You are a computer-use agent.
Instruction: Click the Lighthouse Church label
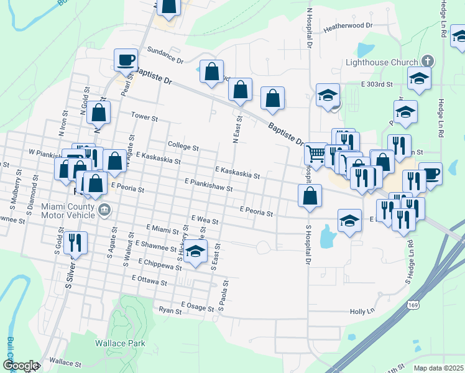[382, 62]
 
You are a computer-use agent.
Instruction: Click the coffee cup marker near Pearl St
[126, 60]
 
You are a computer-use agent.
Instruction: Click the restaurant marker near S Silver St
[75, 242]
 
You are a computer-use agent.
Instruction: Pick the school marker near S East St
[196, 253]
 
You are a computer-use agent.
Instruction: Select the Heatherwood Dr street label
[348, 25]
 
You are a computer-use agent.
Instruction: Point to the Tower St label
[144, 116]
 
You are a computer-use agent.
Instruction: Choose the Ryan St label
[169, 310]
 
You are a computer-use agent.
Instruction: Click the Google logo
[21, 366]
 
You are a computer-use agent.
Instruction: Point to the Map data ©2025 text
[439, 368]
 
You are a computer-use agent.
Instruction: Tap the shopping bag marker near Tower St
[99, 113]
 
